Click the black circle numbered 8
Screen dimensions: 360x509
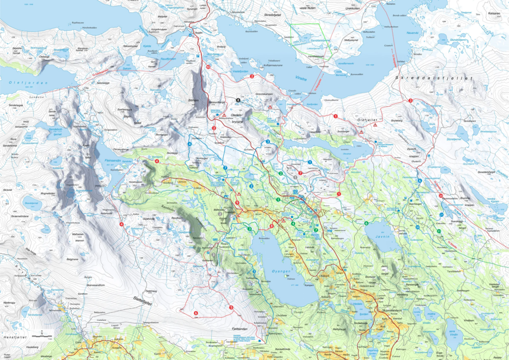238,100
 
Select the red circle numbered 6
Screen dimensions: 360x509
195,313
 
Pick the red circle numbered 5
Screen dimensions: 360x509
231,307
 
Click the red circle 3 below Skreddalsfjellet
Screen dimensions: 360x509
410,101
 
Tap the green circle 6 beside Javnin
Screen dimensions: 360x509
366,223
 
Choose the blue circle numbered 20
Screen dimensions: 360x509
418,227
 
